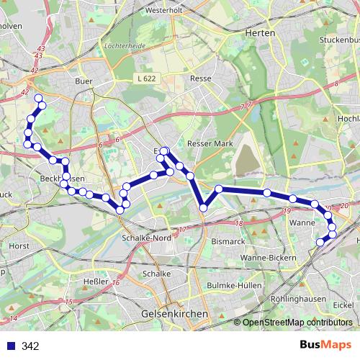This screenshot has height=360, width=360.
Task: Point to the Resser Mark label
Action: pos(210,143)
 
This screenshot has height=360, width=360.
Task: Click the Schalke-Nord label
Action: pos(146,238)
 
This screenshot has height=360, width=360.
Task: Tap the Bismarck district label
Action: pos(228,243)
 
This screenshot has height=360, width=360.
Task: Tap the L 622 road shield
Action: pos(145,78)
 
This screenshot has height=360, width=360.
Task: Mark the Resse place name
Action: pos(199,78)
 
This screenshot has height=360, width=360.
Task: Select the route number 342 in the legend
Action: pos(30,346)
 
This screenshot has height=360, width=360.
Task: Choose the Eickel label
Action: pos(343,305)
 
